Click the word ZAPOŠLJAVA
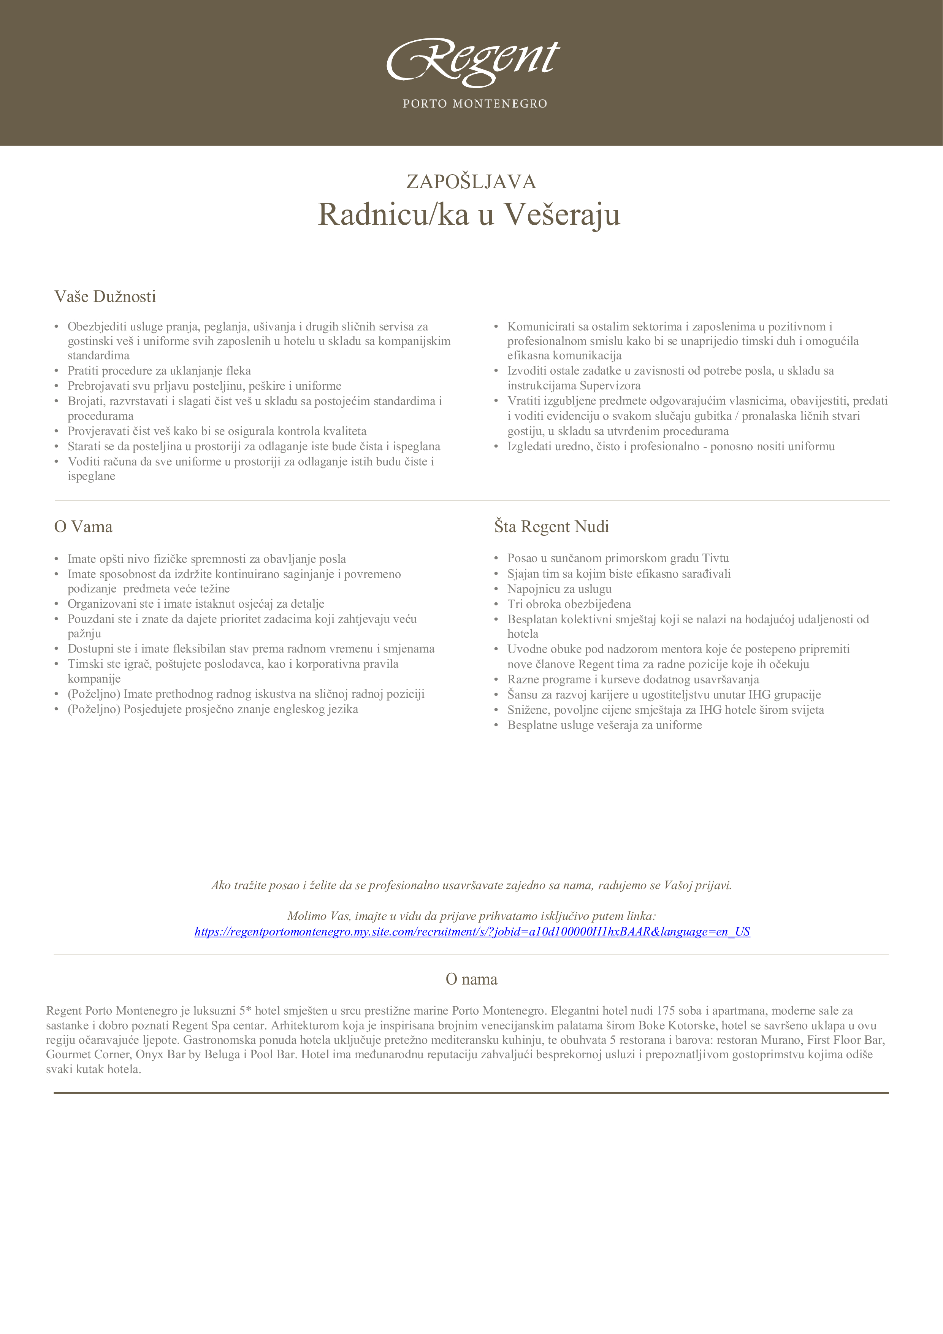coord(471,182)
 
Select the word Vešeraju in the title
coord(561,214)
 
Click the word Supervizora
coord(610,386)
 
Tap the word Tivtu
coord(715,558)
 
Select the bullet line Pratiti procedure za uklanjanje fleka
coord(159,371)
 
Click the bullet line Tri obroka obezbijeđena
coord(569,604)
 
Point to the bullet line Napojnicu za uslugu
coord(559,589)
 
